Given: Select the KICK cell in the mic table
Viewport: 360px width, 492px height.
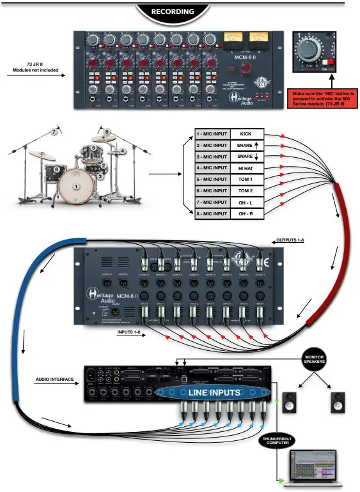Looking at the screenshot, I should point(246,135).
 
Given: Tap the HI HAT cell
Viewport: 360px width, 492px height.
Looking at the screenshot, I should point(246,168).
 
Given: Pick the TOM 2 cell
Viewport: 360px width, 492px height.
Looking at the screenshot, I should point(246,190).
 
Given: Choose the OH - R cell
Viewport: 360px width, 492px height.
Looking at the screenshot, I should point(246,213).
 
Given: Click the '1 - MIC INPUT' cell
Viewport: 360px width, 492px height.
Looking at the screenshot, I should point(212,135).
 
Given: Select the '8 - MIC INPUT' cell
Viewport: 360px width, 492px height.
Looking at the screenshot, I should point(212,213).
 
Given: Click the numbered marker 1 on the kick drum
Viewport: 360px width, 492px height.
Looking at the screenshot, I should point(77,187).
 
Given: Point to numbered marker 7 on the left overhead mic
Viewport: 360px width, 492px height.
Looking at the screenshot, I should point(54,133).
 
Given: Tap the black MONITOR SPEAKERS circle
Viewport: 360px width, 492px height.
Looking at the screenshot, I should point(314,360).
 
